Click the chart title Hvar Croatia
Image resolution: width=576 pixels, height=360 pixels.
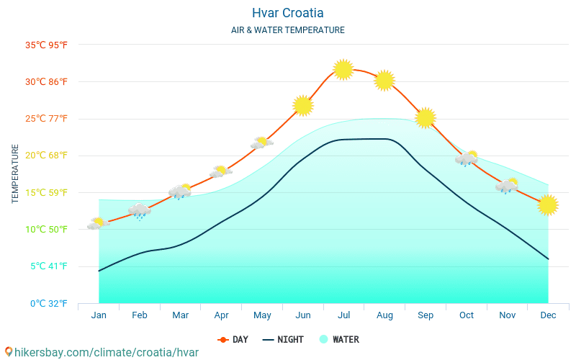[x=287, y=13]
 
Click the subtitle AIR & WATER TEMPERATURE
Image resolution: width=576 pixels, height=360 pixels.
[x=287, y=30]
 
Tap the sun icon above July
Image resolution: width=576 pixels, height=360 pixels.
[x=343, y=69]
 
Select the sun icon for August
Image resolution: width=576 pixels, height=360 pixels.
[x=384, y=80]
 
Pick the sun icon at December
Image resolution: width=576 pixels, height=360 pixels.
[x=548, y=204]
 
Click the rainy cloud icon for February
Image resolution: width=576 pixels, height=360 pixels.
[x=139, y=210]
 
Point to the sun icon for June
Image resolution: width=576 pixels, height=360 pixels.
[x=303, y=105]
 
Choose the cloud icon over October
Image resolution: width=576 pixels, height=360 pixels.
[x=467, y=158]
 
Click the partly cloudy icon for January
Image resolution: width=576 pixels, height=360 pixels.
[x=97, y=224]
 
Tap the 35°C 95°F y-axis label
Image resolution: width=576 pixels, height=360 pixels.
[x=46, y=45]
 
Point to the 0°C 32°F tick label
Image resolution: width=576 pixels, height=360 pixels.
[x=48, y=303]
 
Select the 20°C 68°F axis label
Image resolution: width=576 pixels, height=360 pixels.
[x=46, y=156]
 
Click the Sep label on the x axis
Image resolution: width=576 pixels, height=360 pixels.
[x=425, y=315]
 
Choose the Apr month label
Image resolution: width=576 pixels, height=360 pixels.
[x=221, y=315]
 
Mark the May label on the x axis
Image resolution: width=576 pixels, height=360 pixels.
[x=262, y=315]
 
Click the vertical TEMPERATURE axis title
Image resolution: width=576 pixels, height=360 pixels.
[x=15, y=174]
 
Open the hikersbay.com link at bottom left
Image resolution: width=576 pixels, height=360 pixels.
[x=101, y=352]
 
